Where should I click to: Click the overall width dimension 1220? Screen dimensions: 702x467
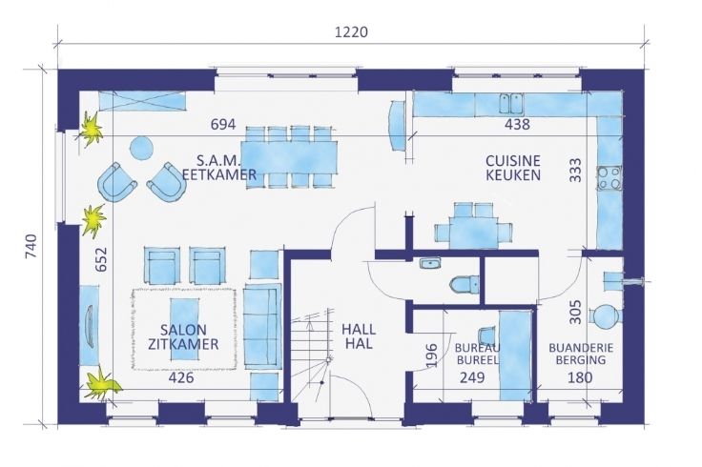click(351, 32)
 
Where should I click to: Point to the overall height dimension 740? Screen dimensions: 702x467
click(31, 247)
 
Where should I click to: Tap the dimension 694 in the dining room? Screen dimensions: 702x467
click(223, 124)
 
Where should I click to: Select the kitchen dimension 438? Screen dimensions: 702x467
click(517, 124)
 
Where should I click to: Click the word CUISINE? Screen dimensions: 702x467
click(513, 160)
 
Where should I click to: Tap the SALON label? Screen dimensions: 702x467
click(183, 330)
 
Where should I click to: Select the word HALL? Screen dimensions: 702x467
click(359, 330)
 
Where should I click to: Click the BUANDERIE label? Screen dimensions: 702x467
click(581, 348)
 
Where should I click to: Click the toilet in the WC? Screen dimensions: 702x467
click(465, 284)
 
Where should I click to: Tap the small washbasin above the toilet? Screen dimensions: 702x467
click(430, 263)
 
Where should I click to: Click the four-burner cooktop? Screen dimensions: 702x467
click(609, 177)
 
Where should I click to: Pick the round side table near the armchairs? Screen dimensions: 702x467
click(141, 148)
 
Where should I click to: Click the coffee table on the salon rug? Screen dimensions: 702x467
click(184, 329)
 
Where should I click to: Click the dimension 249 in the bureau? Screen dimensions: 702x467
click(472, 378)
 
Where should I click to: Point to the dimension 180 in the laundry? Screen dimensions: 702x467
click(580, 378)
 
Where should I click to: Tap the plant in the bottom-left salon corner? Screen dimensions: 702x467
click(102, 385)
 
